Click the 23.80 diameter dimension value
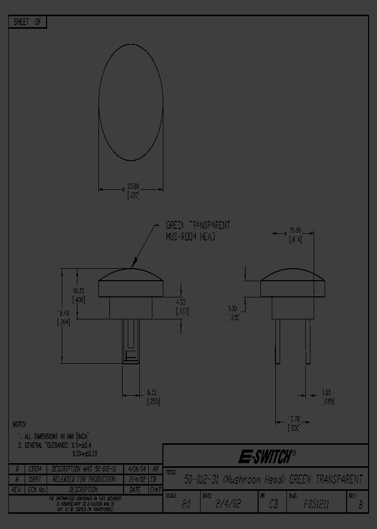click(x=135, y=186)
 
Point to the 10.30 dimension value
click(x=79, y=291)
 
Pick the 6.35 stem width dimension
click(x=153, y=392)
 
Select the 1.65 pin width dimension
click(x=327, y=392)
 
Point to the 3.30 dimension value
click(x=233, y=308)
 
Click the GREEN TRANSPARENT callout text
click(x=197, y=225)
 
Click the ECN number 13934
click(x=35, y=469)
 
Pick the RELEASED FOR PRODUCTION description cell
click(x=83, y=479)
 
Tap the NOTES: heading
click(x=19, y=425)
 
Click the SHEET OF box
click(x=28, y=22)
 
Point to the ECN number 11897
click(x=35, y=479)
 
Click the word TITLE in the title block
click(x=171, y=472)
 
